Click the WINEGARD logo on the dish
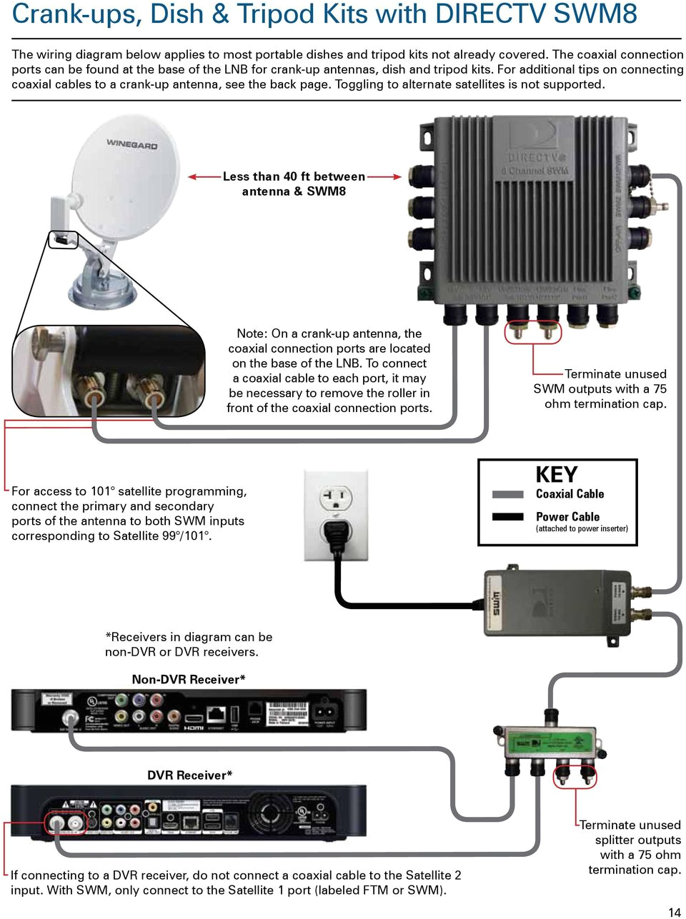click(x=131, y=144)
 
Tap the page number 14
click(x=674, y=911)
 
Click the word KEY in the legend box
click(x=556, y=475)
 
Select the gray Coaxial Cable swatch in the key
click(x=508, y=494)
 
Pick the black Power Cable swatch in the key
click(x=508, y=516)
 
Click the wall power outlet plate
click(x=336, y=514)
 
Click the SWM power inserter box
click(x=557, y=602)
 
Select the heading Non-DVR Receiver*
click(x=189, y=679)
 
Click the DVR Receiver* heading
click(x=189, y=775)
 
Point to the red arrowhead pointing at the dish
click(x=193, y=176)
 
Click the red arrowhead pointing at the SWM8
click(x=395, y=176)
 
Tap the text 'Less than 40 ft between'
click(x=294, y=176)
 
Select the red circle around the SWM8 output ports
click(x=533, y=332)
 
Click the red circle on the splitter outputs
click(x=575, y=775)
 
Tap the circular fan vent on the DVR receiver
click(x=269, y=813)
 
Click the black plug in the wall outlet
click(x=336, y=531)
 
